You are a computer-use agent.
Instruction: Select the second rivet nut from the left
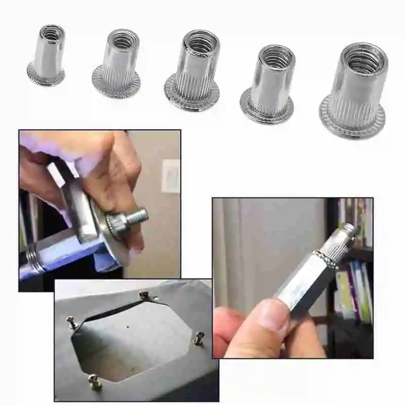(117, 63)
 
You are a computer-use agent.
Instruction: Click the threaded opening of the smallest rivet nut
(52, 34)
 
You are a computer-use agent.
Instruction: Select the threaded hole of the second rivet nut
(124, 40)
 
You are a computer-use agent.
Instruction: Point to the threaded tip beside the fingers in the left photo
(138, 216)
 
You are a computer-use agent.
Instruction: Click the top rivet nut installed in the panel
(144, 295)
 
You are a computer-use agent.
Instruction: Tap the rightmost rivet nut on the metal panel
(199, 338)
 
